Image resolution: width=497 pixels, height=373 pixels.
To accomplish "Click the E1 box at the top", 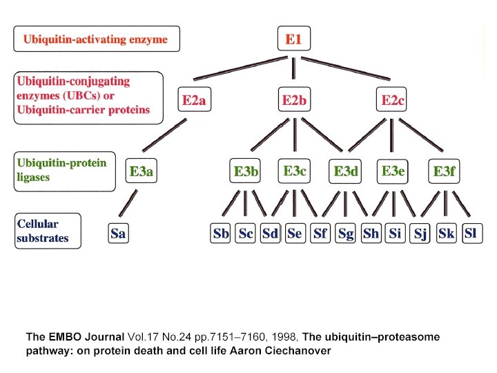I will [293, 39].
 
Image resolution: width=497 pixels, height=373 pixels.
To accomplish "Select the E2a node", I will [194, 101].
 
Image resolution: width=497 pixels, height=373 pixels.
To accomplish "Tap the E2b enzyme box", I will [294, 101].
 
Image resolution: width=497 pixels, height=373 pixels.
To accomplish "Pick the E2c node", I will [393, 101].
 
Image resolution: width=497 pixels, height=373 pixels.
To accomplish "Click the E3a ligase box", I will [141, 171].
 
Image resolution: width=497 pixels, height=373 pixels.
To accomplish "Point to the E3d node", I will [346, 171].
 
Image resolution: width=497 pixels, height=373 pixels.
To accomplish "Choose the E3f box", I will [444, 171].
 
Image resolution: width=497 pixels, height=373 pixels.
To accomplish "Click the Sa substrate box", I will [118, 233].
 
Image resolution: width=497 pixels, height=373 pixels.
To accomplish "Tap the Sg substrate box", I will [346, 233].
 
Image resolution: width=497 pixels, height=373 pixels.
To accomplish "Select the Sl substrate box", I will [470, 233].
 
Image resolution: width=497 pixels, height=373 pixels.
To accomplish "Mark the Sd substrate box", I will [270, 233].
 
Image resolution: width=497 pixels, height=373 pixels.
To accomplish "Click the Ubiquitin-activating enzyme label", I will [96, 39].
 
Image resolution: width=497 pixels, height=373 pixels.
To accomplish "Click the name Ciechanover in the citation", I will [300, 351].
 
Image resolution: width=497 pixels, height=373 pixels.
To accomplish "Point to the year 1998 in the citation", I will [286, 337].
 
